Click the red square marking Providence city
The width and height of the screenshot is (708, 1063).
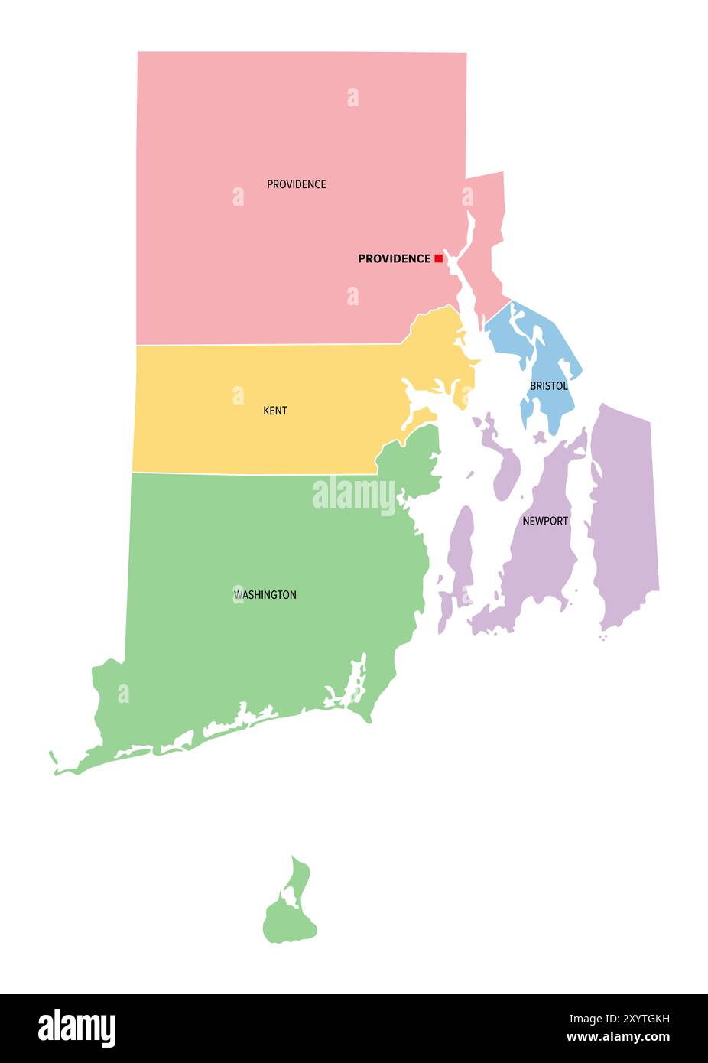point(438,258)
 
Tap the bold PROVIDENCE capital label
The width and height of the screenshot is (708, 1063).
point(394,258)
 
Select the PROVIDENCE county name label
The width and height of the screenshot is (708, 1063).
point(296,184)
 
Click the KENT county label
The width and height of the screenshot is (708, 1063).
point(275,411)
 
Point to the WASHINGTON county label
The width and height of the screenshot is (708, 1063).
point(265,594)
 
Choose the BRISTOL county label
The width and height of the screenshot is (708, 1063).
point(549,386)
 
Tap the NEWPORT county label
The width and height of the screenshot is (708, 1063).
point(545,521)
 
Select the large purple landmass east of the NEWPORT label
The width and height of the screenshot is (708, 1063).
point(623,512)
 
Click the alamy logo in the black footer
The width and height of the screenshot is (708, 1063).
point(76,1028)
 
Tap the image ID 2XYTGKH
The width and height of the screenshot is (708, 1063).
point(619,1019)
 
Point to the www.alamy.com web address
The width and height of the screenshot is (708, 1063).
point(618,1038)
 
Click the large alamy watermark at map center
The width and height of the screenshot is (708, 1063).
point(354,495)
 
